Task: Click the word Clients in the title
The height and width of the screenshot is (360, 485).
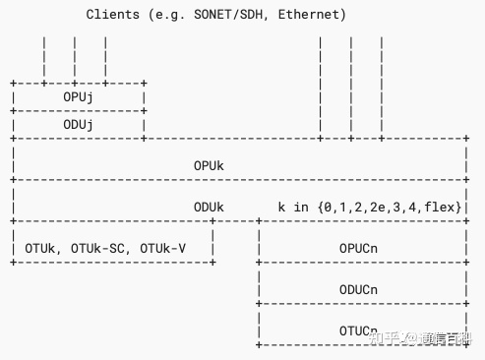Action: (x=112, y=15)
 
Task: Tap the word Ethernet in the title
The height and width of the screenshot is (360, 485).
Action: (x=314, y=15)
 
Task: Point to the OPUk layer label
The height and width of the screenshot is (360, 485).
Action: (x=209, y=166)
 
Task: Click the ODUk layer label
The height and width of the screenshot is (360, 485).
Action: (x=209, y=208)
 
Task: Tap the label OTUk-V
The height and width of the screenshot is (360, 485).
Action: (x=162, y=249)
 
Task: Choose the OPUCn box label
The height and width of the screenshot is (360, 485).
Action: (x=358, y=249)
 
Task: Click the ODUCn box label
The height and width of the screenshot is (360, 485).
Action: (x=358, y=290)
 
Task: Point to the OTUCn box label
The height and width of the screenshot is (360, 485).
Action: (x=358, y=330)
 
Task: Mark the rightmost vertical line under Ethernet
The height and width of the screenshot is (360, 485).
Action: (x=381, y=89)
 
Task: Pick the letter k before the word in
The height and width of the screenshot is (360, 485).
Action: (x=282, y=208)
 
